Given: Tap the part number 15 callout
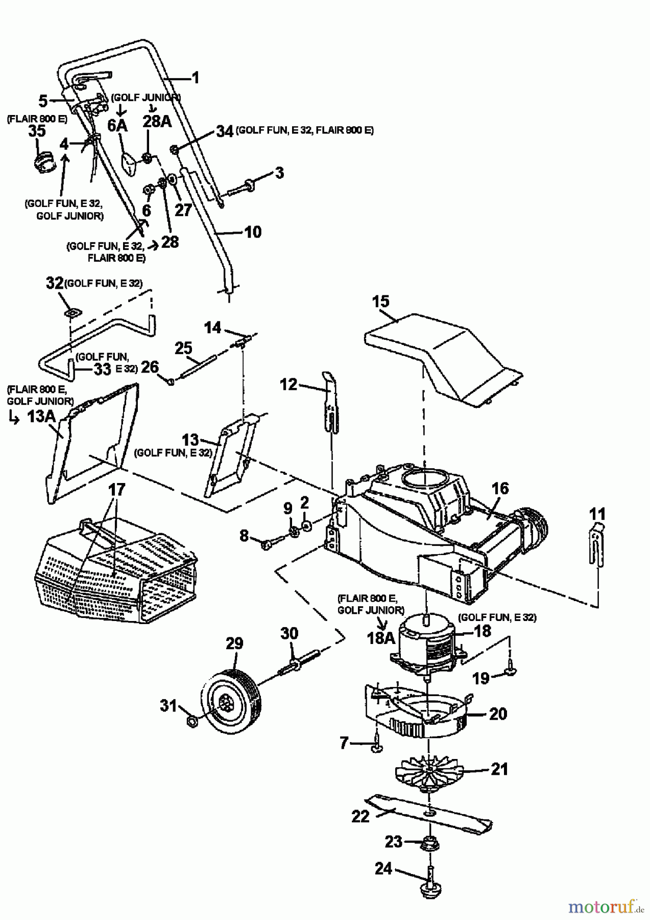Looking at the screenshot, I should tap(380, 301).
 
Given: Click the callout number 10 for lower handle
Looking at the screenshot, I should tap(253, 232).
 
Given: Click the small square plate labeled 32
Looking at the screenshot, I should tap(71, 312).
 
